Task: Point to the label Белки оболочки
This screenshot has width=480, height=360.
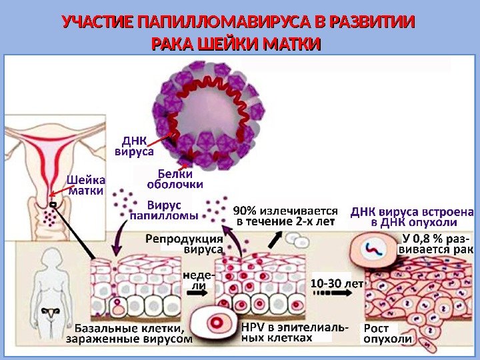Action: tap(175, 179)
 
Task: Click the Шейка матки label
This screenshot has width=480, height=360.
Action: tap(86, 185)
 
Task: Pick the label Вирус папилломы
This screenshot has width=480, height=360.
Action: tap(163, 209)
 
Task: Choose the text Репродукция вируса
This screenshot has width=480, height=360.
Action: tap(184, 244)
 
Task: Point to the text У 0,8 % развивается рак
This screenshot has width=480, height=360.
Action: tap(435, 244)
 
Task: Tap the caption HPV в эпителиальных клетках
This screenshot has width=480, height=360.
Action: tap(293, 333)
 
